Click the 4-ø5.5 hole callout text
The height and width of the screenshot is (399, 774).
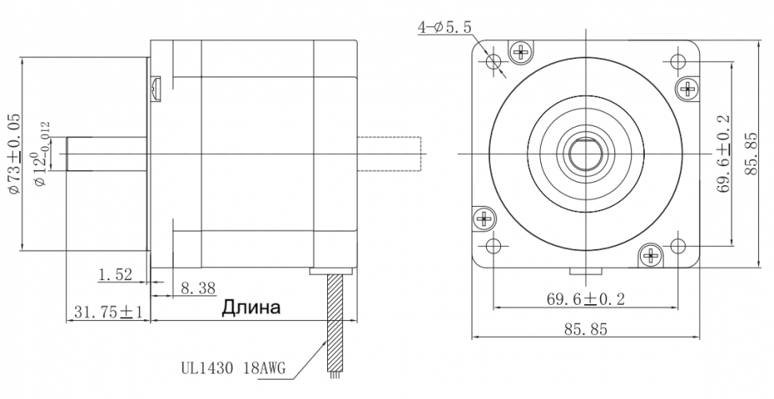click(x=444, y=27)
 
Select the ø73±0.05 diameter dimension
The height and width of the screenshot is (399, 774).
click(x=14, y=153)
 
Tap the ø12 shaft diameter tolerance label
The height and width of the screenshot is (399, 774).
click(x=41, y=153)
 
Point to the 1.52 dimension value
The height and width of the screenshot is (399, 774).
click(x=116, y=275)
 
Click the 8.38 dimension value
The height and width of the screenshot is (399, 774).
click(x=198, y=288)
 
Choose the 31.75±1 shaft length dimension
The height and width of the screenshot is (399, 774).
click(x=108, y=311)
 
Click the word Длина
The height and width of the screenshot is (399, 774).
click(x=251, y=307)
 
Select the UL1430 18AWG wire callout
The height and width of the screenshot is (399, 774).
click(x=233, y=368)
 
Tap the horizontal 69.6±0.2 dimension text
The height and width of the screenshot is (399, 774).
click(x=586, y=298)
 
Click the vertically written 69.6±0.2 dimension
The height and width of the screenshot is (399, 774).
click(x=725, y=153)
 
